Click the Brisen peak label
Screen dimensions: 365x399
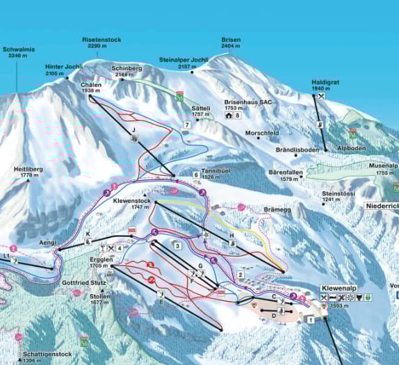(x=231, y=40)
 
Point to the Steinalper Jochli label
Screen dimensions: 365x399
(x=184, y=60)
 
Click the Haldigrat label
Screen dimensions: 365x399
(x=325, y=82)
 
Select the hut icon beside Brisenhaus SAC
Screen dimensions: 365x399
(x=228, y=115)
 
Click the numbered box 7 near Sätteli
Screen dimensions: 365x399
(x=186, y=124)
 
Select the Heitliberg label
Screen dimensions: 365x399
(x=28, y=169)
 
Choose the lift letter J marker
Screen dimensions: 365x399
(x=133, y=129)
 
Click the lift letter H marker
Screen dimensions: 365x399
(x=232, y=236)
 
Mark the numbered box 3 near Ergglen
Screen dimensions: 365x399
(x=177, y=245)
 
